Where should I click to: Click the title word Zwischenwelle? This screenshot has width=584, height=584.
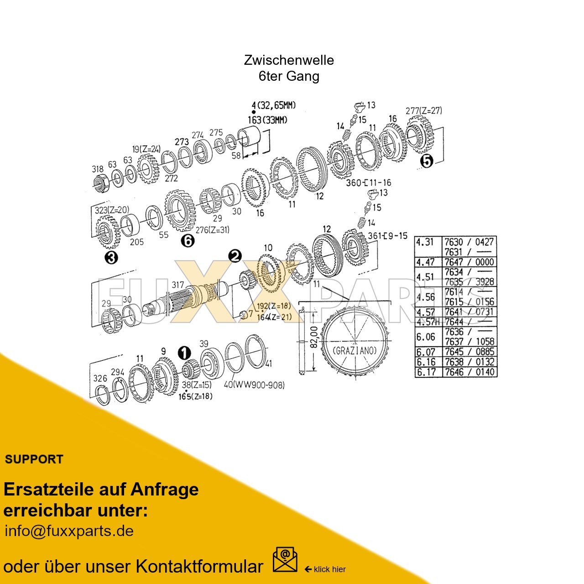point(289,60)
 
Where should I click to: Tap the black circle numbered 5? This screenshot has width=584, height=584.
point(426,161)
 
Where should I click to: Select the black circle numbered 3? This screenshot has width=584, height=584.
point(111,258)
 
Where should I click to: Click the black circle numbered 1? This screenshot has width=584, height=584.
point(184,353)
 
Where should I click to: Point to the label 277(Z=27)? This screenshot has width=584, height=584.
point(423,110)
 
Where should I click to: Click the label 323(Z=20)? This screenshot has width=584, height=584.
point(112,210)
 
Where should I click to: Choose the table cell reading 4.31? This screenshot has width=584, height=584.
point(425,242)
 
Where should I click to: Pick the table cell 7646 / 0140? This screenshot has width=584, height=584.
point(469,372)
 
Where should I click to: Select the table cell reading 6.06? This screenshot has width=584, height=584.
point(425,337)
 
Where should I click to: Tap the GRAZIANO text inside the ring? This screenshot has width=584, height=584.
point(355,350)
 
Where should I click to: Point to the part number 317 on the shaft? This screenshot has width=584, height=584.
point(177,285)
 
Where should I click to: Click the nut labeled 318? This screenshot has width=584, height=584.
point(101,183)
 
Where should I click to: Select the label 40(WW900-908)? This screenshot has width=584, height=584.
point(254,385)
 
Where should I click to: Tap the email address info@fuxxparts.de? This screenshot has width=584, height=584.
point(69,531)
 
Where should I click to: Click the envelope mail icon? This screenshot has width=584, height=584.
point(285,560)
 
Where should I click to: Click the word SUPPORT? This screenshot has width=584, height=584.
point(34,459)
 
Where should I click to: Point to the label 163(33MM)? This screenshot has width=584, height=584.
point(268,120)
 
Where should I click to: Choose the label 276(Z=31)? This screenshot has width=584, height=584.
point(212,229)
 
